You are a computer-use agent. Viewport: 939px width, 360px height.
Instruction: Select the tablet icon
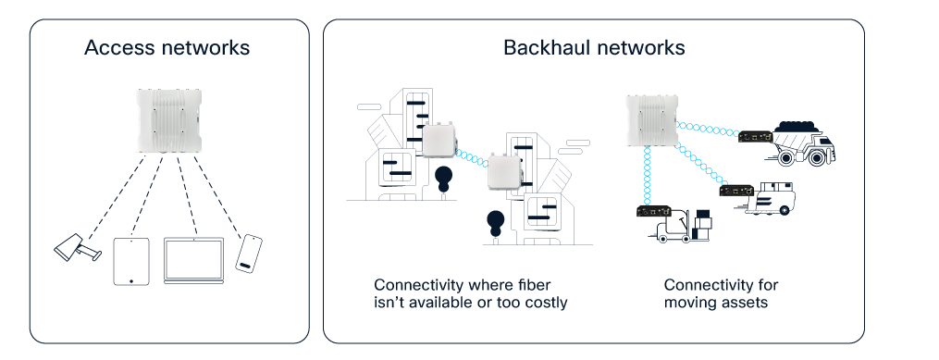pyautogui.click(x=130, y=261)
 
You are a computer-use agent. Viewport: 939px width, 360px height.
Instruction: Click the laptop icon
pyautogui.click(x=193, y=261)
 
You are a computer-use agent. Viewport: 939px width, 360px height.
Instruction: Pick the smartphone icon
pyautogui.click(x=248, y=253)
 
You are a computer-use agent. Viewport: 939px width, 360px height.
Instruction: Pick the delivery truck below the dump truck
pyautogui.click(x=772, y=196)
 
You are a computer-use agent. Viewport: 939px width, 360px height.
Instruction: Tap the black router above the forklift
pyautogui.click(x=651, y=212)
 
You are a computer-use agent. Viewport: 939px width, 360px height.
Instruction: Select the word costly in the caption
pyautogui.click(x=543, y=303)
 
